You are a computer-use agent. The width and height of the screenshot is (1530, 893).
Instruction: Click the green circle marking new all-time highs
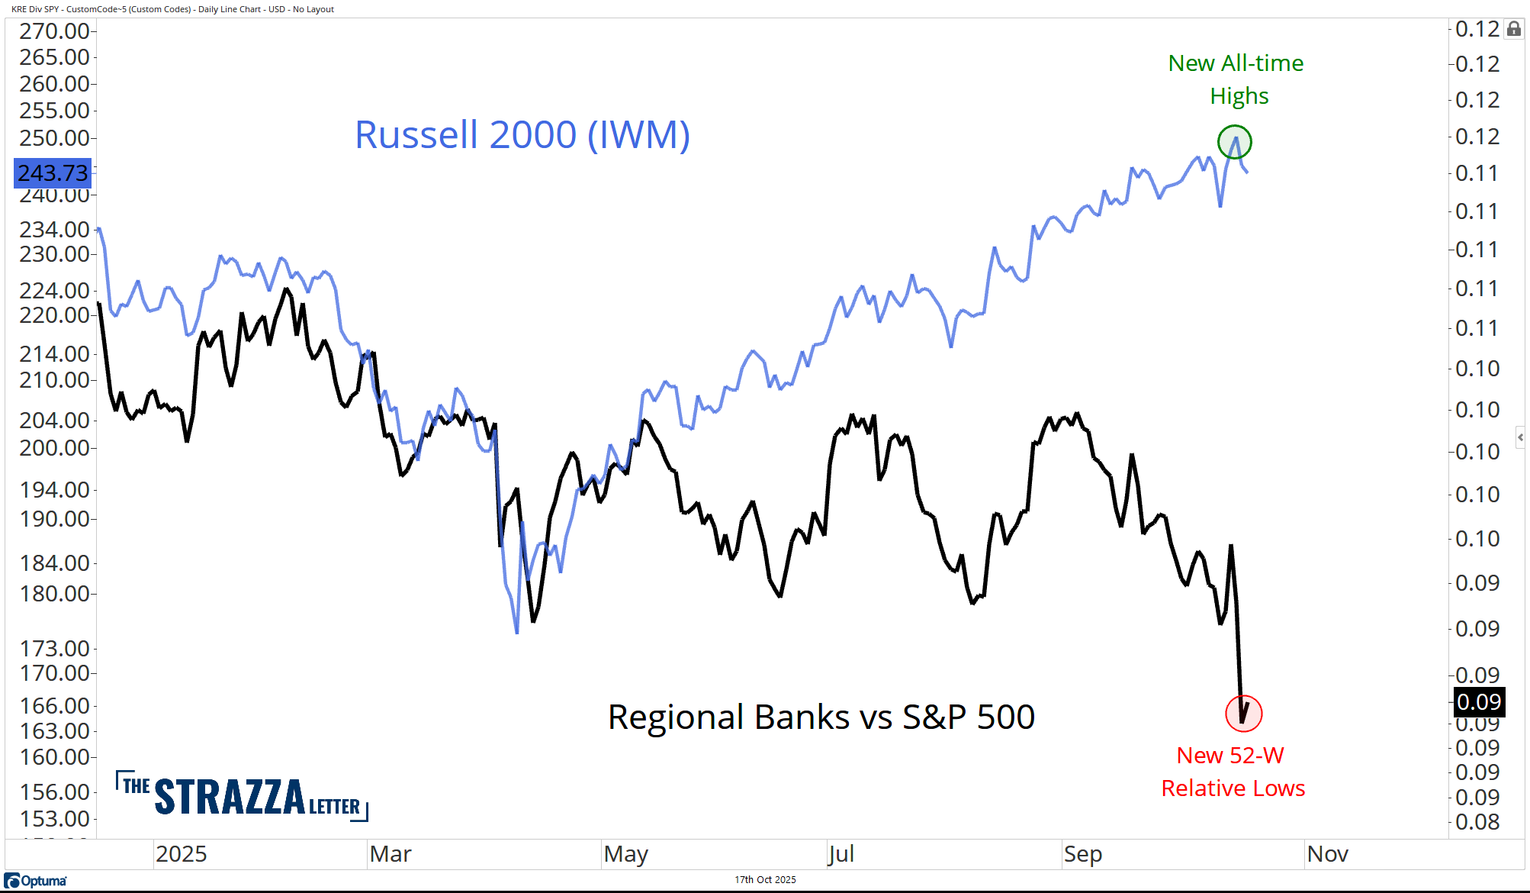pyautogui.click(x=1234, y=142)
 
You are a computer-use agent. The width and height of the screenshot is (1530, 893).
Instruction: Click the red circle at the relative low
pyautogui.click(x=1243, y=714)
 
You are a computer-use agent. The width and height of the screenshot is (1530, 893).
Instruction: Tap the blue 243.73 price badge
pyautogui.click(x=53, y=173)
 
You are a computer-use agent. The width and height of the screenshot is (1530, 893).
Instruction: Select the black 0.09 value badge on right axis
pyautogui.click(x=1478, y=702)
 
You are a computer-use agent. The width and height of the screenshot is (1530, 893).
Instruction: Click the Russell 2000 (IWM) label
pyautogui.click(x=522, y=135)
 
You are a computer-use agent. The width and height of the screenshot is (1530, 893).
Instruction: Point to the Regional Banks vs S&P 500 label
pyautogui.click(x=821, y=717)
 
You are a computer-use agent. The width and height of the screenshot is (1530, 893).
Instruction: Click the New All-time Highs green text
pyautogui.click(x=1236, y=79)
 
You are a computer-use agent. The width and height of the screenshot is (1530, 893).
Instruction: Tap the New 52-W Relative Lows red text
pyautogui.click(x=1233, y=772)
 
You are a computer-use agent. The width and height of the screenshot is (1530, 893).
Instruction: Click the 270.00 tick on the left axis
pyautogui.click(x=54, y=31)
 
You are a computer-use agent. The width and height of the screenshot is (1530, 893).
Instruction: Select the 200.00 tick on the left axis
pyautogui.click(x=54, y=448)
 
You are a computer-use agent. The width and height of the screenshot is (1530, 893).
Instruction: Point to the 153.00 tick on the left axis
pyautogui.click(x=54, y=819)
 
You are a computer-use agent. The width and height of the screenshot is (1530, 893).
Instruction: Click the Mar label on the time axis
pyautogui.click(x=390, y=854)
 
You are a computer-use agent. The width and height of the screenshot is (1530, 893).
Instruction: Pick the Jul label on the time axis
pyautogui.click(x=841, y=854)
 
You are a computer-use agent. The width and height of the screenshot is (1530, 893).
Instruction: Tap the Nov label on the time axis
pyautogui.click(x=1327, y=854)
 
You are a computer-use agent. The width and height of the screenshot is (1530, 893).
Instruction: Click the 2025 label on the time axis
pyautogui.click(x=181, y=854)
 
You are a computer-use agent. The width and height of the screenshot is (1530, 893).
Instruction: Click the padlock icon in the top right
pyautogui.click(x=1514, y=29)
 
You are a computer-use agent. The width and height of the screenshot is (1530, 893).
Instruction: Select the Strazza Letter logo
pyautogui.click(x=242, y=796)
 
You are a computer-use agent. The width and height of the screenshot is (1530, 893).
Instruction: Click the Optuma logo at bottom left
pyautogui.click(x=36, y=881)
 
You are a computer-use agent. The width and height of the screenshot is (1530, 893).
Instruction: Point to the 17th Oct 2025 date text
pyautogui.click(x=765, y=880)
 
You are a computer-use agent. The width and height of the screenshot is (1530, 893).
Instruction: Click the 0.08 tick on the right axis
pyautogui.click(x=1477, y=822)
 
